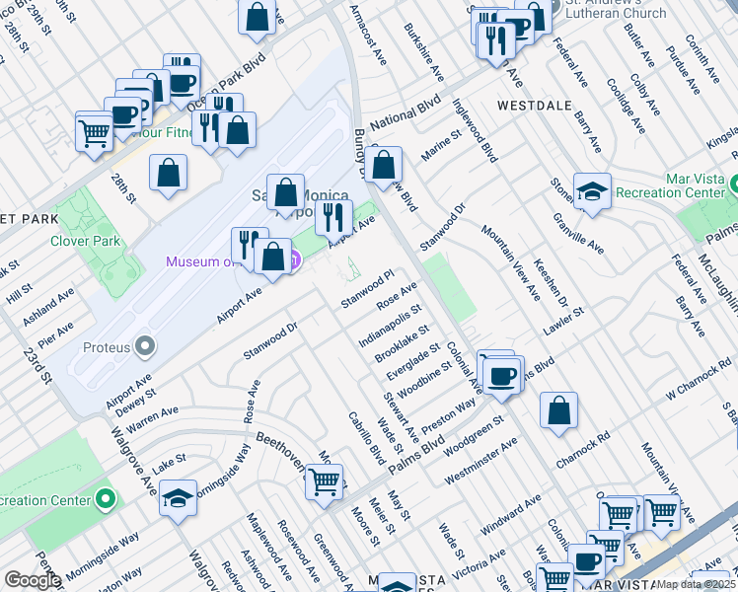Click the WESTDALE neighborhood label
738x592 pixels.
[535, 104]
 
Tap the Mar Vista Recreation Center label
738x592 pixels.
[675, 185]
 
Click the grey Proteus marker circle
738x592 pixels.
[146, 346]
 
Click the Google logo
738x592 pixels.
[33, 580]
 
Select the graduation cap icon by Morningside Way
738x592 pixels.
[178, 496]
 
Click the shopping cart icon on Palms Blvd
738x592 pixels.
[324, 481]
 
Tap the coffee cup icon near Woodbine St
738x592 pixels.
[503, 374]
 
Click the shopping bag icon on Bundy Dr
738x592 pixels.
[386, 164]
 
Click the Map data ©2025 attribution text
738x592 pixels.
[695, 584]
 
